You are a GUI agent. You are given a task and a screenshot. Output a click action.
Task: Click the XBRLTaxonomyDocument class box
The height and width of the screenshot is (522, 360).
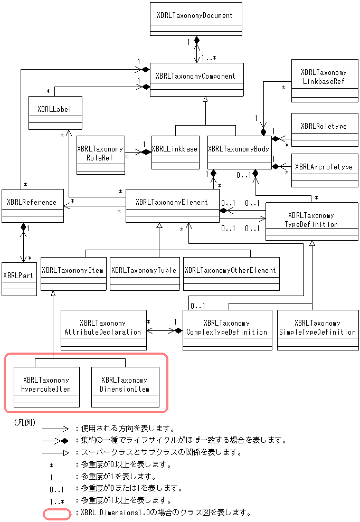(196, 19)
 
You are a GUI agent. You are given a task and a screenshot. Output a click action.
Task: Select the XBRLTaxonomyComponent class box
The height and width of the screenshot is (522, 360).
(196, 80)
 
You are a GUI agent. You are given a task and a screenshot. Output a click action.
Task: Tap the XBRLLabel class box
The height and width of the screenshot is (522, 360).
(55, 113)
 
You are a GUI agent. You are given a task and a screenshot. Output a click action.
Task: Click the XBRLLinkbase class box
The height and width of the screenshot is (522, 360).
(175, 153)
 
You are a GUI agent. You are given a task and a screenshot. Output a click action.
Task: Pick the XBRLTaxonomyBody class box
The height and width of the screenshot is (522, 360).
(240, 153)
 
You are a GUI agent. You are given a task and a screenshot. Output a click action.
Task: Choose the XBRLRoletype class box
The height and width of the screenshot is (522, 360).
(325, 130)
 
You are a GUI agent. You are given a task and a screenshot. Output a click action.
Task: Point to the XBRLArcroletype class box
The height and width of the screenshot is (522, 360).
(325, 170)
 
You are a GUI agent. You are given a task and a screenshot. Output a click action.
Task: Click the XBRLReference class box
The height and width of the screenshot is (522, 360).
(33, 206)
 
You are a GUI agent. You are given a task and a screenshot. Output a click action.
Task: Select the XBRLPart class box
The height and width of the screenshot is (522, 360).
(20, 279)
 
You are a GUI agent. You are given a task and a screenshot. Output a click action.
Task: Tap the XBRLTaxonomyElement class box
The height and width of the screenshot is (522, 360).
(173, 206)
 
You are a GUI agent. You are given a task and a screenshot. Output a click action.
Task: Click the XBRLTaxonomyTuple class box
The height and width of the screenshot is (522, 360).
(145, 273)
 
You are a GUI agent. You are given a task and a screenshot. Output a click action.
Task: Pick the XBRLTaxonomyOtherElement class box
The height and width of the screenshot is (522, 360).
(231, 273)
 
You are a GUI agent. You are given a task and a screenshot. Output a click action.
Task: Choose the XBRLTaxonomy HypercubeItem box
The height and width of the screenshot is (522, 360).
(46, 387)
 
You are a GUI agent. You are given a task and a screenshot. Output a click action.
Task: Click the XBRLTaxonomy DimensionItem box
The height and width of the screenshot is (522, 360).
(125, 387)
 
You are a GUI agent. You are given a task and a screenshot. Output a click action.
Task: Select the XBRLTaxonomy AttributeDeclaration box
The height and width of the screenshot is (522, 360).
(103, 330)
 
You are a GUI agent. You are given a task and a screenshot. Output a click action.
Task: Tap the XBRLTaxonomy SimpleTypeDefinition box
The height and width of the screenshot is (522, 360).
(318, 330)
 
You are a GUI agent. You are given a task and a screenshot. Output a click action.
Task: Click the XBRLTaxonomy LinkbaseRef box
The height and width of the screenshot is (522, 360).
(325, 81)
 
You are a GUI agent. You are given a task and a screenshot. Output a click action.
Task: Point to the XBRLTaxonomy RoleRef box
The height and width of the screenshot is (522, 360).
(101, 155)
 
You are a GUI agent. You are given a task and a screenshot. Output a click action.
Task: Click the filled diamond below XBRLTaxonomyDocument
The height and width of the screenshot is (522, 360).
(197, 40)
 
